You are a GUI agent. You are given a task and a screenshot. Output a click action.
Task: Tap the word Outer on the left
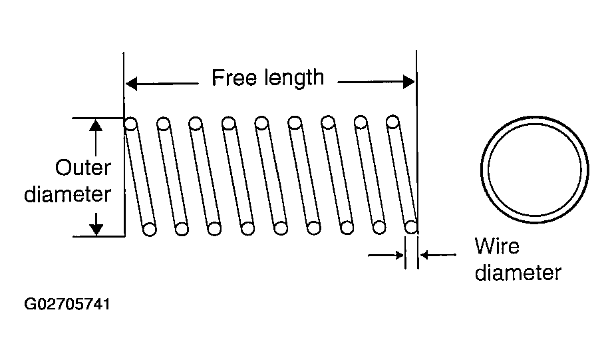83,167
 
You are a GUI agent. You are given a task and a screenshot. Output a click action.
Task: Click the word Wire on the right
496,247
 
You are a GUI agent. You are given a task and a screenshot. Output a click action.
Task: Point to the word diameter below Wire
518,273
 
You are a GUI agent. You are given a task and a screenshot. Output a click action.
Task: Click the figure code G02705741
67,305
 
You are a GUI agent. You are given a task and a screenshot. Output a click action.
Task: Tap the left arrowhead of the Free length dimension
131,84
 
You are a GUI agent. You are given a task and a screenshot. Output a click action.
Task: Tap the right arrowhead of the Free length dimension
408,83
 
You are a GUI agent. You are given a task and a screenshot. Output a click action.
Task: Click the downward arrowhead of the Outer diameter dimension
96,229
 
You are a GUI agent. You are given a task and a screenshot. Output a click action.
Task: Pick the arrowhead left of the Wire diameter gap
399,254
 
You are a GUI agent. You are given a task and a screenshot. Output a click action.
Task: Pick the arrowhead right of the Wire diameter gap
424,254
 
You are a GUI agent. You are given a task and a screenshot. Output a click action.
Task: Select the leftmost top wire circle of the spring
130,124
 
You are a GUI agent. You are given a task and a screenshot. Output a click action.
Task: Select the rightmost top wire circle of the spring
392,121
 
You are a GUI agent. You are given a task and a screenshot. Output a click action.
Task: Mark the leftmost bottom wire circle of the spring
150,230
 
